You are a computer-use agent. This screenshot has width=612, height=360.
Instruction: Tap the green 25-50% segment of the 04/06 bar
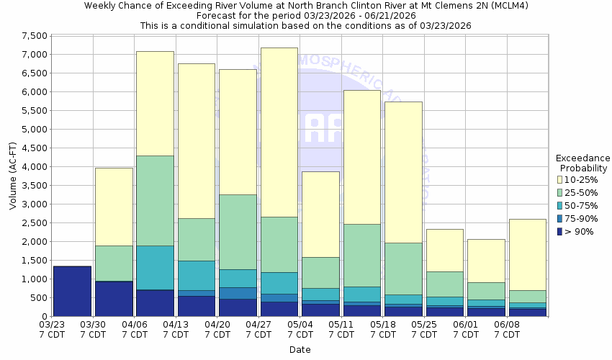click(155, 200)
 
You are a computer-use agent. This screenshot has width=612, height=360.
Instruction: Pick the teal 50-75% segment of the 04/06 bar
click(155, 267)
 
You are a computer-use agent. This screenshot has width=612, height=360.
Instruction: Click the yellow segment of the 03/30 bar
click(114, 207)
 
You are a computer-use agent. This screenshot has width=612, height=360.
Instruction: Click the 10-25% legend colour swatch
click(559, 179)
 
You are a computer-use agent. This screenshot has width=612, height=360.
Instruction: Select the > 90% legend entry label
click(580, 231)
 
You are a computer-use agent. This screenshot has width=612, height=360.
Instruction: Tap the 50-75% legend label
click(582, 205)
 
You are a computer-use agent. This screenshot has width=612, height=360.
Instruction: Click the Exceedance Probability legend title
click(582, 163)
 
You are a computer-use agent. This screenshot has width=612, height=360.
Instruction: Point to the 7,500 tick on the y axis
click(35, 35)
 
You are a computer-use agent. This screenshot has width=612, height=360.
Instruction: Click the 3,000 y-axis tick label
click(35, 204)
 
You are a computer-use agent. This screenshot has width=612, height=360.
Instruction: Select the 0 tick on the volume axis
click(44, 316)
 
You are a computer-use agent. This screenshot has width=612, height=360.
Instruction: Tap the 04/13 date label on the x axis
click(176, 329)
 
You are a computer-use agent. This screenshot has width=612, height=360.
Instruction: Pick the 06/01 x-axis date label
click(466, 329)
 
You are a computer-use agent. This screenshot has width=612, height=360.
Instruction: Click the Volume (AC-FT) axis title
click(12, 176)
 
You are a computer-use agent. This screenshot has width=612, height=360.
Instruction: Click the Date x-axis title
click(300, 349)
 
